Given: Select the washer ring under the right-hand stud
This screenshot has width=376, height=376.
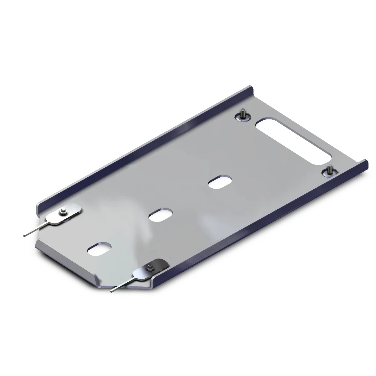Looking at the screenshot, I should (x=330, y=172).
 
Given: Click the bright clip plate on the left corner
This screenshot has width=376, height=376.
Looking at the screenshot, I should (x=64, y=215).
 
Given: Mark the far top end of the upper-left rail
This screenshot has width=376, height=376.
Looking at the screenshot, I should (x=249, y=88).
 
